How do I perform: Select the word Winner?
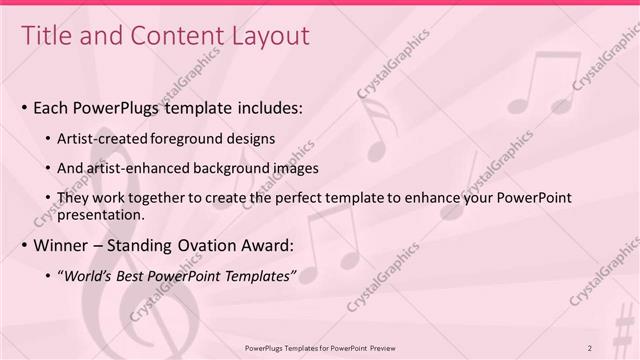(60, 245)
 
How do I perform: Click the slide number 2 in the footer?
(590, 347)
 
